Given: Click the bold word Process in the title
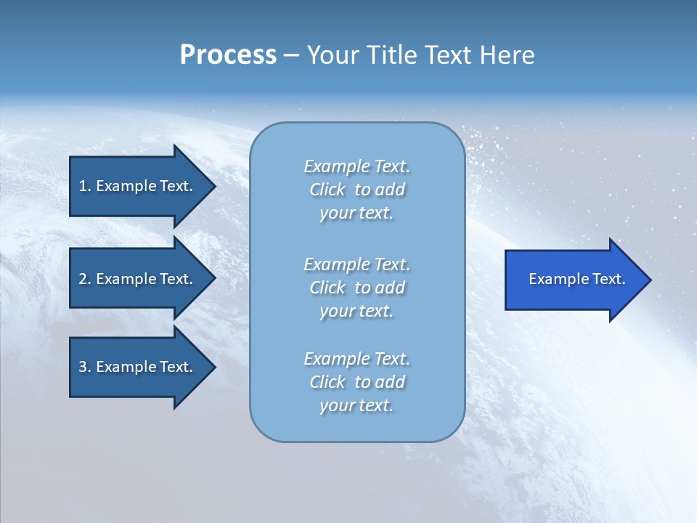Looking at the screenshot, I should tap(228, 55).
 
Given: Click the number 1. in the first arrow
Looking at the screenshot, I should tap(84, 186).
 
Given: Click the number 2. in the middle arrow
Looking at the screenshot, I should tap(84, 279).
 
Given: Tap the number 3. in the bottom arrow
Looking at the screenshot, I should tap(84, 367).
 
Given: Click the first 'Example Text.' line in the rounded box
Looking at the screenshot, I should tap(356, 166).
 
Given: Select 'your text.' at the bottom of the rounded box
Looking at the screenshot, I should tap(356, 405).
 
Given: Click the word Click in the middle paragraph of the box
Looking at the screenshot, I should tap(327, 288).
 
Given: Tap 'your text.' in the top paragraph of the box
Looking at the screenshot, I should tap(356, 213).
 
